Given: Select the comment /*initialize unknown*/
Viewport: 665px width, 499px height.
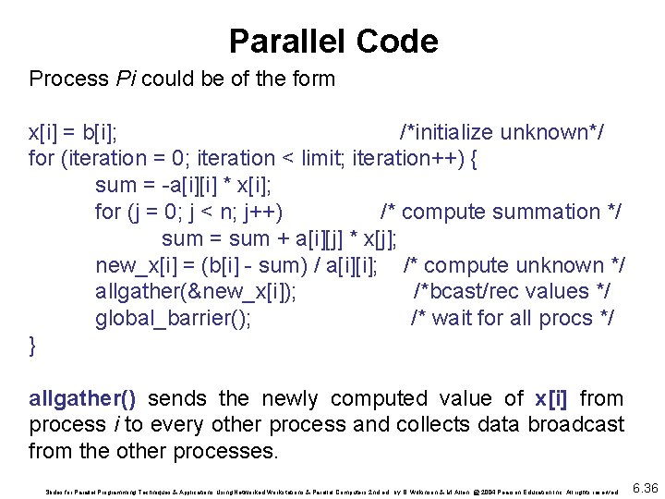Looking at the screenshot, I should coord(502,132).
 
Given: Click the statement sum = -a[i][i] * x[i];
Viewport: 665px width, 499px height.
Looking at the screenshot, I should coord(184,186).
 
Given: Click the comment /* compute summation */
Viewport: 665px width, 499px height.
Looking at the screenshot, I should coord(501,213).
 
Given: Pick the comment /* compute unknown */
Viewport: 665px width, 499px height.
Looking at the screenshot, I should coord(514,266).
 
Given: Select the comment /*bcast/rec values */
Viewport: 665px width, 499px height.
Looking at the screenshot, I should coord(512,292).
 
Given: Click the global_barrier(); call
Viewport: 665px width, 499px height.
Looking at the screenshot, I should coord(173,319).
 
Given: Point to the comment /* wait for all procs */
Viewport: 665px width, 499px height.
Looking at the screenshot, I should coord(513,319).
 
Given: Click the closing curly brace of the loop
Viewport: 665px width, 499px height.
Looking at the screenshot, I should coord(33,346).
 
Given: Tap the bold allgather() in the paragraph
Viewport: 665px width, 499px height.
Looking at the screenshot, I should coord(83,399).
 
